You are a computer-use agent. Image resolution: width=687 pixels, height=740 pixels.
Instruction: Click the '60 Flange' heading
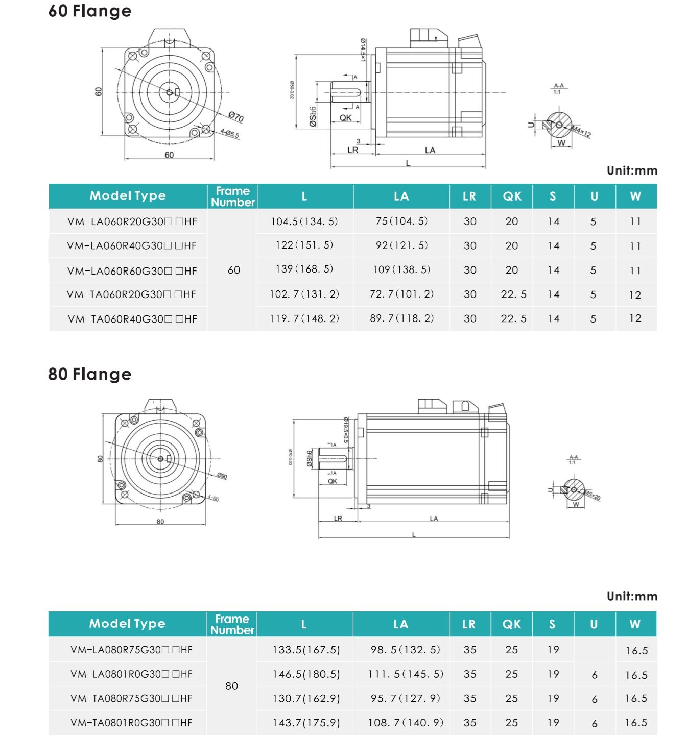point(90,11)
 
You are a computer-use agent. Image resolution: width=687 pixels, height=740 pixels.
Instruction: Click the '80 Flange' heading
point(90,374)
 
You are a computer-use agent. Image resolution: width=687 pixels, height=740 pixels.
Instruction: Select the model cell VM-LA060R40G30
point(132,246)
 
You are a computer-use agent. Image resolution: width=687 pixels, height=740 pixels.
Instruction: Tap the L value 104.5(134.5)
point(304,221)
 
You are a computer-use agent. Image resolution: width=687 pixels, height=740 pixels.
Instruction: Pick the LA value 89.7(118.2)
point(401,318)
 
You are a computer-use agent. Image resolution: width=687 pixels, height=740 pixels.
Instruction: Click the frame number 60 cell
point(233,270)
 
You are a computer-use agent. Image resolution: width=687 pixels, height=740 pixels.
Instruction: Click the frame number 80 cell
point(231,686)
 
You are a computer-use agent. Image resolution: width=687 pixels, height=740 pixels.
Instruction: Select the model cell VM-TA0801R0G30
point(131,723)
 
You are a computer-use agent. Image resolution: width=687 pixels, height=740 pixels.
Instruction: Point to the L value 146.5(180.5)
point(306,674)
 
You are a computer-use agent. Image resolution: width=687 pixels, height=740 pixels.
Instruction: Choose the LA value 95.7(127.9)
point(405,698)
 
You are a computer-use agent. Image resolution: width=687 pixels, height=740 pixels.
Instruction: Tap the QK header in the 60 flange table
point(512,196)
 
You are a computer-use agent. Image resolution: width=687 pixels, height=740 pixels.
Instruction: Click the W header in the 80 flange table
point(635,624)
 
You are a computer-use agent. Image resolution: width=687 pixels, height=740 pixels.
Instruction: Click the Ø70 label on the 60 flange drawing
point(235,117)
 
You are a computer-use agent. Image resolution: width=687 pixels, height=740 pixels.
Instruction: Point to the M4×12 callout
point(581,131)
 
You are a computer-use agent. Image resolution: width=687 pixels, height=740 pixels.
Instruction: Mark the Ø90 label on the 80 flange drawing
point(222,476)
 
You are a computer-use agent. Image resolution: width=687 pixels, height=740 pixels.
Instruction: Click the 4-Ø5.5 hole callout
point(229,134)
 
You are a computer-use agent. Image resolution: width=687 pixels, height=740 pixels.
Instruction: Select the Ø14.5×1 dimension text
point(363,50)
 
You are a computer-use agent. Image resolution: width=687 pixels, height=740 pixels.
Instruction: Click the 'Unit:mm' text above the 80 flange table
point(632,596)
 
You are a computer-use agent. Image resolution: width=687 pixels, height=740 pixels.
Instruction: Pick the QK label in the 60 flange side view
point(345,118)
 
